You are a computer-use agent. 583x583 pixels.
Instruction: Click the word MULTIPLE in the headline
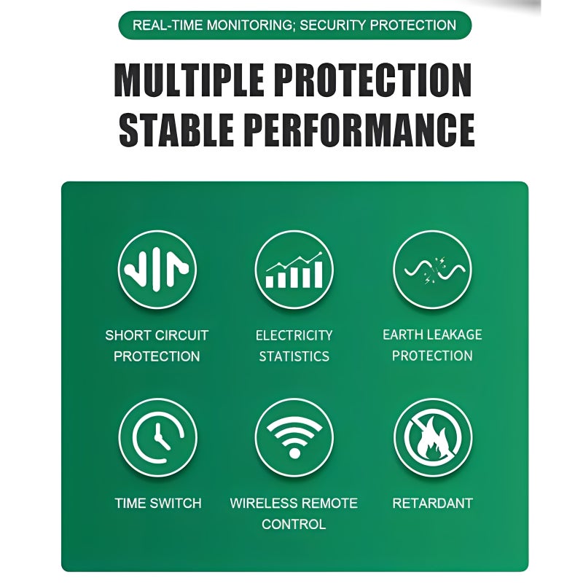pos(189,80)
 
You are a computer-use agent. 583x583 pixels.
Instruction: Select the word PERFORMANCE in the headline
pos(361,130)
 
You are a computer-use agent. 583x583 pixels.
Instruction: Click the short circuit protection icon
pos(157,270)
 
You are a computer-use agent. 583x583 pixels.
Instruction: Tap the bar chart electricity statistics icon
pos(294,270)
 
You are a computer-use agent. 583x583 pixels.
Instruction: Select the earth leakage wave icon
pos(432,270)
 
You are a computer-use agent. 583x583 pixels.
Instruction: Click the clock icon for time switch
pos(157,438)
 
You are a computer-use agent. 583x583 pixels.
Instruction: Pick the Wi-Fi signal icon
pos(294,438)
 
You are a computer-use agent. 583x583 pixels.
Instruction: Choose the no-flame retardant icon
pos(433,438)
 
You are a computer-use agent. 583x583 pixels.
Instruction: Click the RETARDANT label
pos(432,503)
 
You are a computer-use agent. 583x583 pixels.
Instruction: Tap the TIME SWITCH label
pos(158,503)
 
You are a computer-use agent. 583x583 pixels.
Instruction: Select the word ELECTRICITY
pos(294,335)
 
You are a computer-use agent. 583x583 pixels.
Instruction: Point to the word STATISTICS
pos(294,356)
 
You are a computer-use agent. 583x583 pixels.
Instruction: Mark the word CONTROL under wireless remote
pos(294,524)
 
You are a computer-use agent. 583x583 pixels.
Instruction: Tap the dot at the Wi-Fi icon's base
pos(294,453)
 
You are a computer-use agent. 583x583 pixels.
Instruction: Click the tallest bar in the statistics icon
pos(318,275)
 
